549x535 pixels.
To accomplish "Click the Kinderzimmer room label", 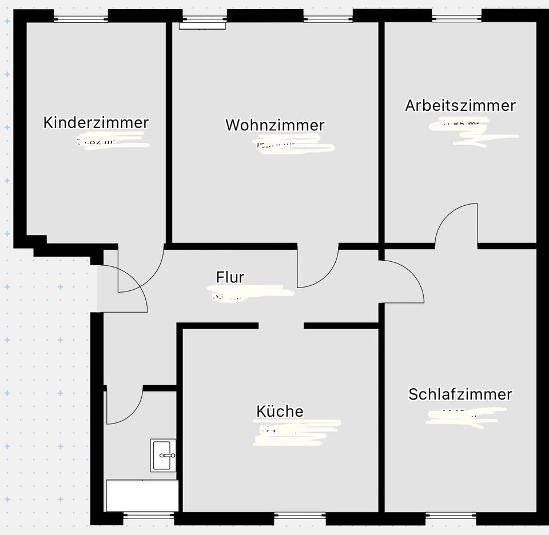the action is click(96, 122).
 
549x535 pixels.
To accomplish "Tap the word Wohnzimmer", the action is click(274, 125).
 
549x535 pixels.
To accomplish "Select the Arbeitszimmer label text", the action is click(460, 105).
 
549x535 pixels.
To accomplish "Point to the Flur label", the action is click(230, 277).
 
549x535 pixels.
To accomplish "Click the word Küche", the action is click(280, 411).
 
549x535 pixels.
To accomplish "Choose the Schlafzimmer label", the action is click(460, 394).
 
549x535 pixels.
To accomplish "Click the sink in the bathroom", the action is click(164, 455).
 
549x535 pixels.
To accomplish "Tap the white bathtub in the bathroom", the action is click(142, 496).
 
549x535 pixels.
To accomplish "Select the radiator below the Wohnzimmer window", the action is click(202, 25).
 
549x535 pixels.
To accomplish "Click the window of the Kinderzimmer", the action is click(81, 19).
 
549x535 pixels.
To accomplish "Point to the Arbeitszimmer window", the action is click(457, 19).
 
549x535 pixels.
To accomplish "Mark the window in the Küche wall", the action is click(300, 516).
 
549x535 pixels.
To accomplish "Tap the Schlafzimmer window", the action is click(451, 516).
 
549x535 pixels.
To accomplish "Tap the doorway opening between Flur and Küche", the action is click(281, 326).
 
